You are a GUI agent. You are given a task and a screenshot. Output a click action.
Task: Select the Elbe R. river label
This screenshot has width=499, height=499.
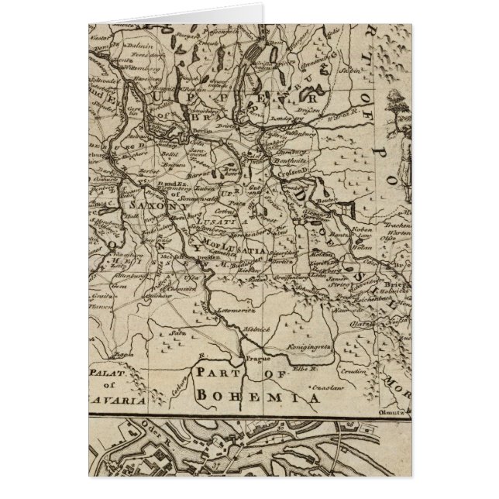[x=314, y=370]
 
